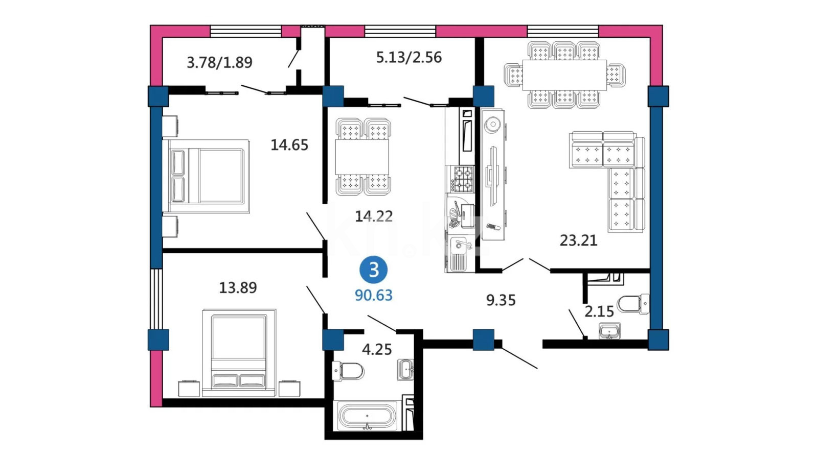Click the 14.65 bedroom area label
point(289,145)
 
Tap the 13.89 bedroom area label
point(238,288)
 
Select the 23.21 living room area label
point(578,240)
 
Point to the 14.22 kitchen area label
point(374,216)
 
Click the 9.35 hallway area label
point(501,300)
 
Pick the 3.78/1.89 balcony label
point(219,62)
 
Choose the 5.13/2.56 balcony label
point(409,57)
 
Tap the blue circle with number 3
point(374,270)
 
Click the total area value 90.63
point(374,295)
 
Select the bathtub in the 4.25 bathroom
point(367,416)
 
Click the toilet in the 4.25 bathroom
point(348,371)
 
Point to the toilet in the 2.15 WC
point(633,304)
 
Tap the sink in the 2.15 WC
point(609,331)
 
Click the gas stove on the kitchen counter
point(463,179)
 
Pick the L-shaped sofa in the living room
point(607,181)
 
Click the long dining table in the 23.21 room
point(564,75)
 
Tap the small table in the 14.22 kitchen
point(362,157)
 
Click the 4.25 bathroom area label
point(377,349)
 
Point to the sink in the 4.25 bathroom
point(405,370)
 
